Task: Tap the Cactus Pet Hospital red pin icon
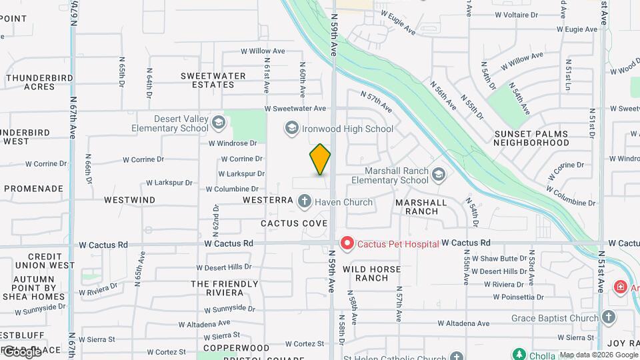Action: (347, 244)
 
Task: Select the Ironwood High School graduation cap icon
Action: (291, 127)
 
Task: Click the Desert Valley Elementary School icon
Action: (218, 123)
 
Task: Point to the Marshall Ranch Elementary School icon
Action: (438, 175)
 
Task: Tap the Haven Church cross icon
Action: (305, 201)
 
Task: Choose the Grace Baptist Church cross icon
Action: (608, 317)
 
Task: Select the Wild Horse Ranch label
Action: (371, 274)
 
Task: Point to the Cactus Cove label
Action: (294, 223)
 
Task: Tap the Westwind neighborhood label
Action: (130, 200)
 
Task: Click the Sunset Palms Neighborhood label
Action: (531, 138)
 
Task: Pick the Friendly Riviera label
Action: (225, 288)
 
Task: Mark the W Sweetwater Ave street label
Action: (295, 108)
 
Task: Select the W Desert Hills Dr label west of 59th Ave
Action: (228, 267)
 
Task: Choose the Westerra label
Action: (268, 200)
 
